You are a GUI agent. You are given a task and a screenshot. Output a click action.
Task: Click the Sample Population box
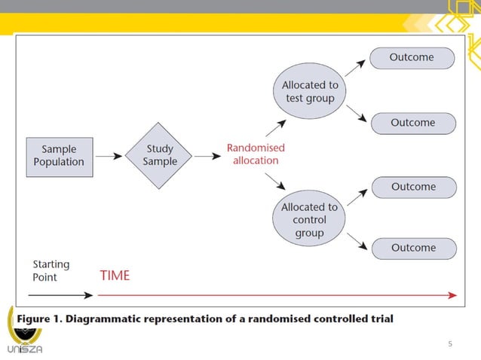[x=59, y=156]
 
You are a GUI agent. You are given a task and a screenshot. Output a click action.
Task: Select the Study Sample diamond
[x=160, y=156]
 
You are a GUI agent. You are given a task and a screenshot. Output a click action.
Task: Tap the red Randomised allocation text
[x=256, y=154]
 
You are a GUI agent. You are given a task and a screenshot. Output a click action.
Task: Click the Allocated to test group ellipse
[x=309, y=92]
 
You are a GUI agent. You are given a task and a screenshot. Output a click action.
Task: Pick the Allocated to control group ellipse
[x=309, y=220]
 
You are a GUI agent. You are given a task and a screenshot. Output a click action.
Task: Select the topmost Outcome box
[x=412, y=58]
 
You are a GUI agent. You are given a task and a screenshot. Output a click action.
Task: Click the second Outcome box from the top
[x=412, y=123]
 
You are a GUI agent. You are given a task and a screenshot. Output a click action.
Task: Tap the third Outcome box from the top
[x=413, y=187]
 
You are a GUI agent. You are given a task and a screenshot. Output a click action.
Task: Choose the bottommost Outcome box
[x=413, y=248]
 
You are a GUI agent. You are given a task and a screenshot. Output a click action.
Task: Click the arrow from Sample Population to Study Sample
[x=109, y=157]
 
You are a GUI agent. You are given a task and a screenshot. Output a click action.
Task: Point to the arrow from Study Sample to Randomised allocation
[x=205, y=157]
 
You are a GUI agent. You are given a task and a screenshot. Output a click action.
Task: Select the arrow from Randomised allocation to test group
[x=275, y=127]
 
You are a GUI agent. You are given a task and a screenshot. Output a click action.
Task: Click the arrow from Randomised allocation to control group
[x=275, y=184]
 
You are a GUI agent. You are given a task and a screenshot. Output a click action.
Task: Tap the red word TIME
[x=115, y=276]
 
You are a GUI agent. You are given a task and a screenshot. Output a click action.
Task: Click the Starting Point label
[x=51, y=270]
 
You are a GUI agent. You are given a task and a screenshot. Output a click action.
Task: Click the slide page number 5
[x=450, y=344]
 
